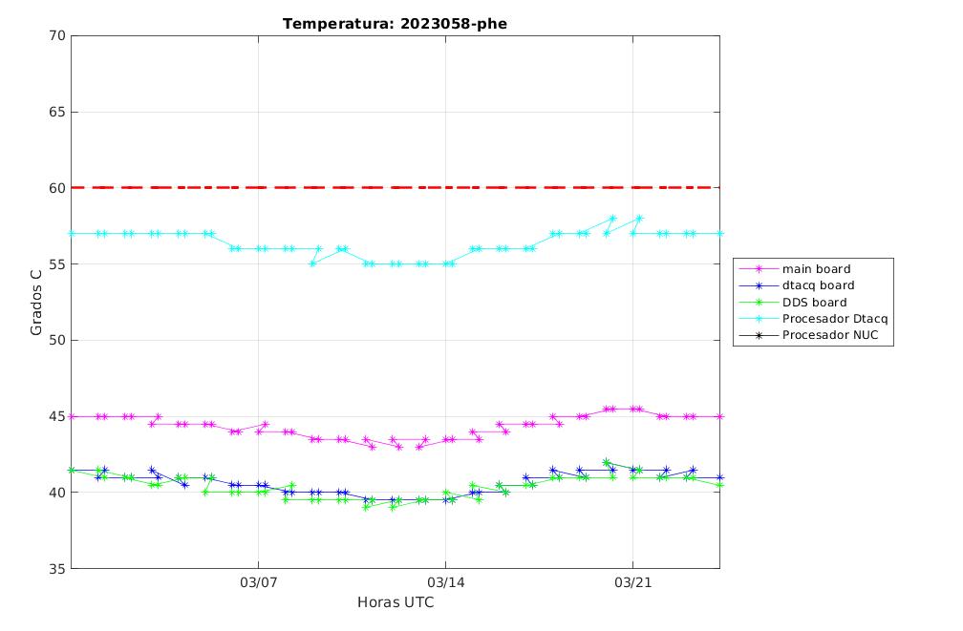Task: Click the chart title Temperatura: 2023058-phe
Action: pyautogui.click(x=395, y=24)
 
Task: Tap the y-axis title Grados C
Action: pyautogui.click(x=36, y=302)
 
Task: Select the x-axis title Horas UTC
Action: pyautogui.click(x=396, y=602)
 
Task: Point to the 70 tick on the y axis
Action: pyautogui.click(x=57, y=35)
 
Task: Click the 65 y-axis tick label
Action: pyautogui.click(x=57, y=112)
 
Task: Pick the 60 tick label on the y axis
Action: pyautogui.click(x=57, y=188)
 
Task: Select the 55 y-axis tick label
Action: pyautogui.click(x=57, y=263)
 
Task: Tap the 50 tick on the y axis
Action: pyautogui.click(x=57, y=340)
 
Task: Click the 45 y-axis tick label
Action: pyautogui.click(x=57, y=416)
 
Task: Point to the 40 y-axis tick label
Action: pyautogui.click(x=57, y=493)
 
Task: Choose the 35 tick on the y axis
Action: pyautogui.click(x=57, y=568)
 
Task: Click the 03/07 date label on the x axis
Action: pyautogui.click(x=259, y=582)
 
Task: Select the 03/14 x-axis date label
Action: pyautogui.click(x=446, y=582)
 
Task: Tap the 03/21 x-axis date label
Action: pyautogui.click(x=632, y=582)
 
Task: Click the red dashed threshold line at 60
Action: pyautogui.click(x=396, y=187)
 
